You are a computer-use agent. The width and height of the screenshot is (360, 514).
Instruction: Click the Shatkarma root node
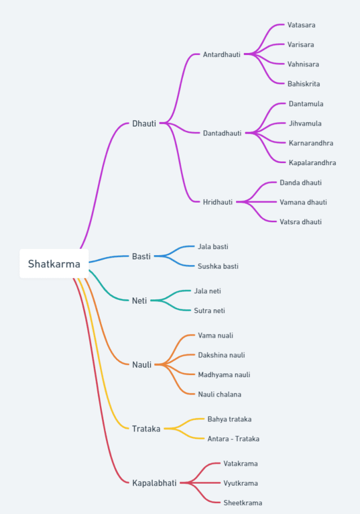54,264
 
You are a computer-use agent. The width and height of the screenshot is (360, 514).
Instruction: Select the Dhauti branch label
144,123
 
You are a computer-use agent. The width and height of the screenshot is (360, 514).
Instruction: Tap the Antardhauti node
222,55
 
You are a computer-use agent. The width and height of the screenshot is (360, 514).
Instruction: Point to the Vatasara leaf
301,25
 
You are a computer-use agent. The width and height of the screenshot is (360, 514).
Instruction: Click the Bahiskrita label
304,84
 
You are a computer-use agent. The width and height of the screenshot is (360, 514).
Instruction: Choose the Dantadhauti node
222,133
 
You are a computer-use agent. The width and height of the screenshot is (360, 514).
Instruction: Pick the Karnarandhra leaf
311,143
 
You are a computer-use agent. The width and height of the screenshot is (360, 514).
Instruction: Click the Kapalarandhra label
312,163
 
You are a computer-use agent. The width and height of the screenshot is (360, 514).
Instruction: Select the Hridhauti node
218,202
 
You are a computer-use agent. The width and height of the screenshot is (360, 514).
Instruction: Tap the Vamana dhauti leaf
303,202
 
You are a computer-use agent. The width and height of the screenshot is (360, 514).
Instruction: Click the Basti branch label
141,256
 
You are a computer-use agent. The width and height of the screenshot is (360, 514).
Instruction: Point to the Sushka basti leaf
218,267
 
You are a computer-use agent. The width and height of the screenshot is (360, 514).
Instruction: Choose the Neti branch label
139,300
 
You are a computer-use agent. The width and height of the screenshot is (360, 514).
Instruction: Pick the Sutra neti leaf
209,311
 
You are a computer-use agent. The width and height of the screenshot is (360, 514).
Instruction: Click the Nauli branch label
142,365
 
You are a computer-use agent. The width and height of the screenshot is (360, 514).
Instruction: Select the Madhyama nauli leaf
224,375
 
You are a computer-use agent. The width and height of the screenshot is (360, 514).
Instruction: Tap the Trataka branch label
146,429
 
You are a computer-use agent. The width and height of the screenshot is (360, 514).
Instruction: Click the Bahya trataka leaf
229,419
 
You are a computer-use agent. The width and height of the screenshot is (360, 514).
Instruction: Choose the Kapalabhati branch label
154,483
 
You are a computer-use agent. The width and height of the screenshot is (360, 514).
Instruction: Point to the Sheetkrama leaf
243,503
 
